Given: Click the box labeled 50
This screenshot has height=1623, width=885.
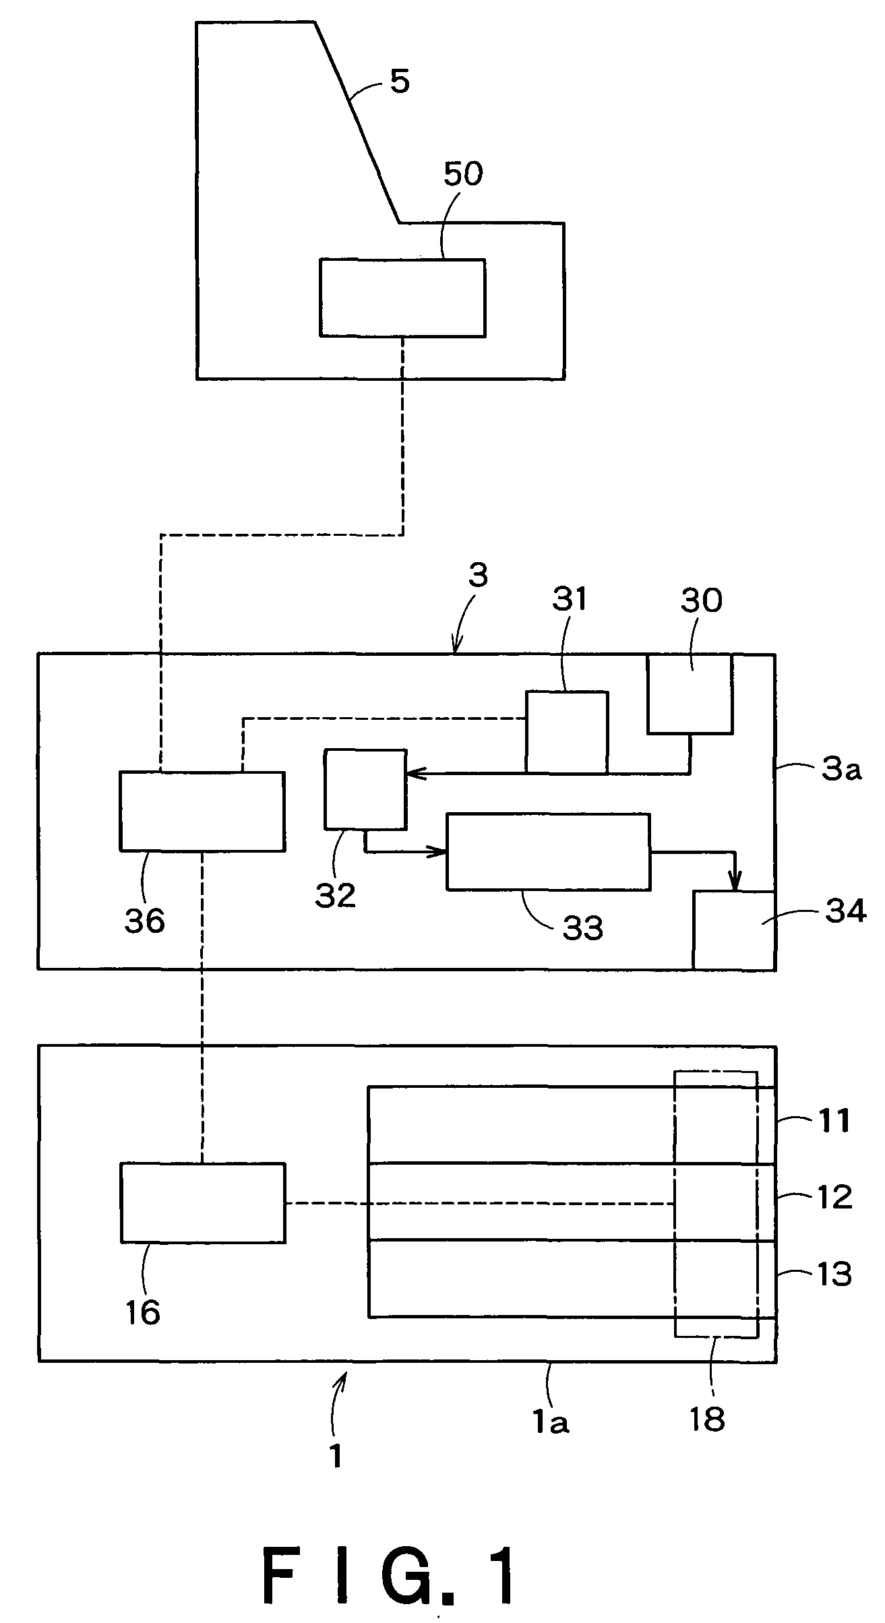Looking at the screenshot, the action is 402,297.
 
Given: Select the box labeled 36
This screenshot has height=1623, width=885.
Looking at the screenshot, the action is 202,811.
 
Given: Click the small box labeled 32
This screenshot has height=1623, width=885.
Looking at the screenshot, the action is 365,789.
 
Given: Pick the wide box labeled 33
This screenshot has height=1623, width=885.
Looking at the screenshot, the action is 549,851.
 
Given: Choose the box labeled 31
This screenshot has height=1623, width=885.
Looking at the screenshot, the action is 567,732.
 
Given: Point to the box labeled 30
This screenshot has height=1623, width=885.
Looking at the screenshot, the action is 690,693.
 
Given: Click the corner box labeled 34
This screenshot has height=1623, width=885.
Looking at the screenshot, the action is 734,930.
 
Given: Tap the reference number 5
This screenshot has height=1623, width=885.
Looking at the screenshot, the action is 400,82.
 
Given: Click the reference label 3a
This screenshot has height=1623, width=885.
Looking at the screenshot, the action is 840,769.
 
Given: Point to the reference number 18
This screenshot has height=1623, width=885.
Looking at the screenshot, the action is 707,1418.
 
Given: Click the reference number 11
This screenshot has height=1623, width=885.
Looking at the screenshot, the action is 834,1121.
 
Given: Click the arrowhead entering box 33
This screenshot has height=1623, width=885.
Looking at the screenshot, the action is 437,852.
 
